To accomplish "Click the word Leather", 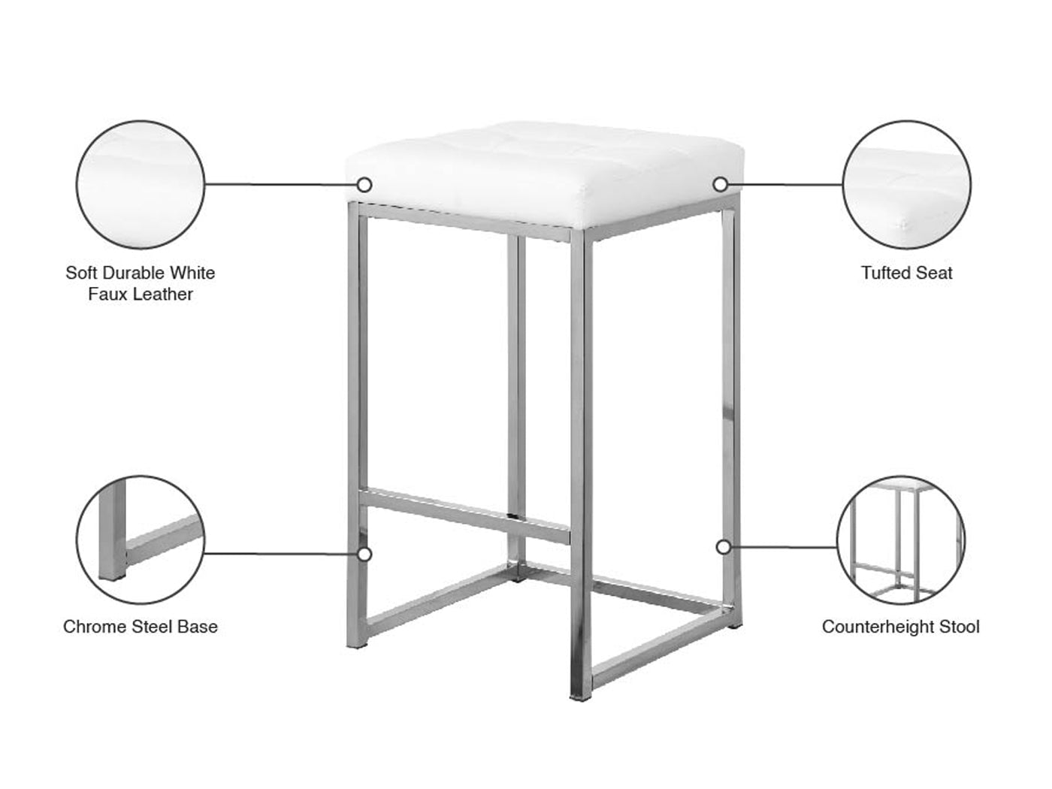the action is coord(160,294).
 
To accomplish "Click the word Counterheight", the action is coord(878,627).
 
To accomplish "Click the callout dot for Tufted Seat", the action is coord(721,184).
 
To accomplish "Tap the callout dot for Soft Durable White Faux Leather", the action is coord(364,185).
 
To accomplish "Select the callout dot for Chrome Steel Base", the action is coord(364,555).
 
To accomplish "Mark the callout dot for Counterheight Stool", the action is coord(724,547).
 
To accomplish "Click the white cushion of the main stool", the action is coord(545,175).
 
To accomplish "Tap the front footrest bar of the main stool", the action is coord(465,516).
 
